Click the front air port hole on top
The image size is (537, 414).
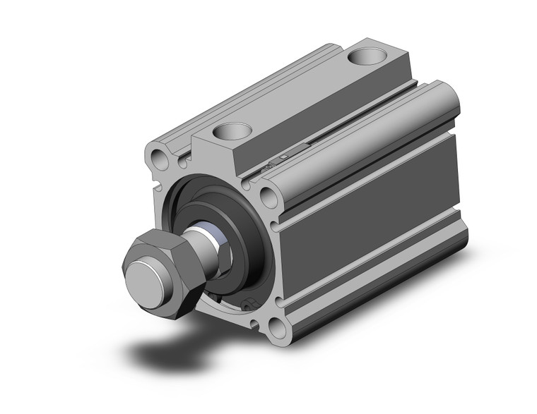(x=231, y=130)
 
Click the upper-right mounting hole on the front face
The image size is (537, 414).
(x=268, y=195)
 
